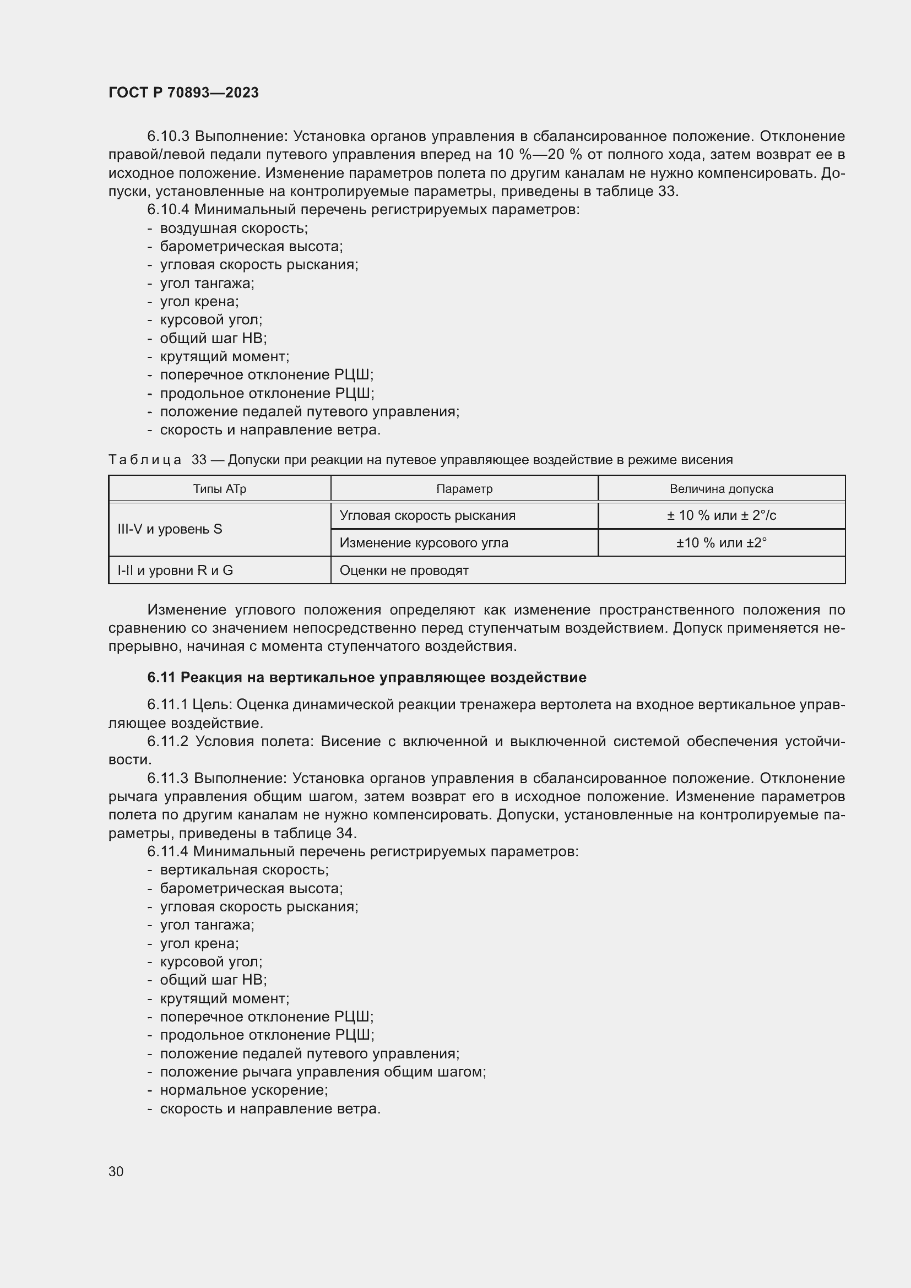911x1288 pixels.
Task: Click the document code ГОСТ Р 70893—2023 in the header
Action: click(183, 93)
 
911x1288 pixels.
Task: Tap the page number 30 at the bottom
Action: click(116, 1171)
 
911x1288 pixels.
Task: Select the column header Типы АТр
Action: click(219, 488)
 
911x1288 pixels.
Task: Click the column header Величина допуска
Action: click(721, 488)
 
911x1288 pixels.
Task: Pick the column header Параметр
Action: click(464, 488)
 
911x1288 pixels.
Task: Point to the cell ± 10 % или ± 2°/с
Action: click(721, 515)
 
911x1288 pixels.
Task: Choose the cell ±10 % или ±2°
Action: click(721, 543)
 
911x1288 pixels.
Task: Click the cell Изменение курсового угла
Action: click(424, 543)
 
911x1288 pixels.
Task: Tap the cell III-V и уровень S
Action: click(170, 529)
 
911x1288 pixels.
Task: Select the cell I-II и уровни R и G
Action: click(175, 570)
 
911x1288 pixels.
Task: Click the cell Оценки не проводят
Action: click(404, 570)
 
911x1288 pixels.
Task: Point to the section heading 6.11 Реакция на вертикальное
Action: click(366, 678)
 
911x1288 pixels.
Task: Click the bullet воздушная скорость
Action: click(234, 229)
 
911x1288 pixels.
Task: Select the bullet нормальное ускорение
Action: click(243, 1090)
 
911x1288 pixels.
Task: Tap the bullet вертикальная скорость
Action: click(244, 870)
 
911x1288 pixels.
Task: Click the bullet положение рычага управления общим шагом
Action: click(323, 1072)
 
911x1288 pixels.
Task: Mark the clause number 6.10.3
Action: click(169, 137)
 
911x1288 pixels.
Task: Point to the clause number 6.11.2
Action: click(169, 742)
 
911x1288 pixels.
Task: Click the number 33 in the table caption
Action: click(199, 460)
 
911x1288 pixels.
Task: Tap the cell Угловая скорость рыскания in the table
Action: click(427, 515)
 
